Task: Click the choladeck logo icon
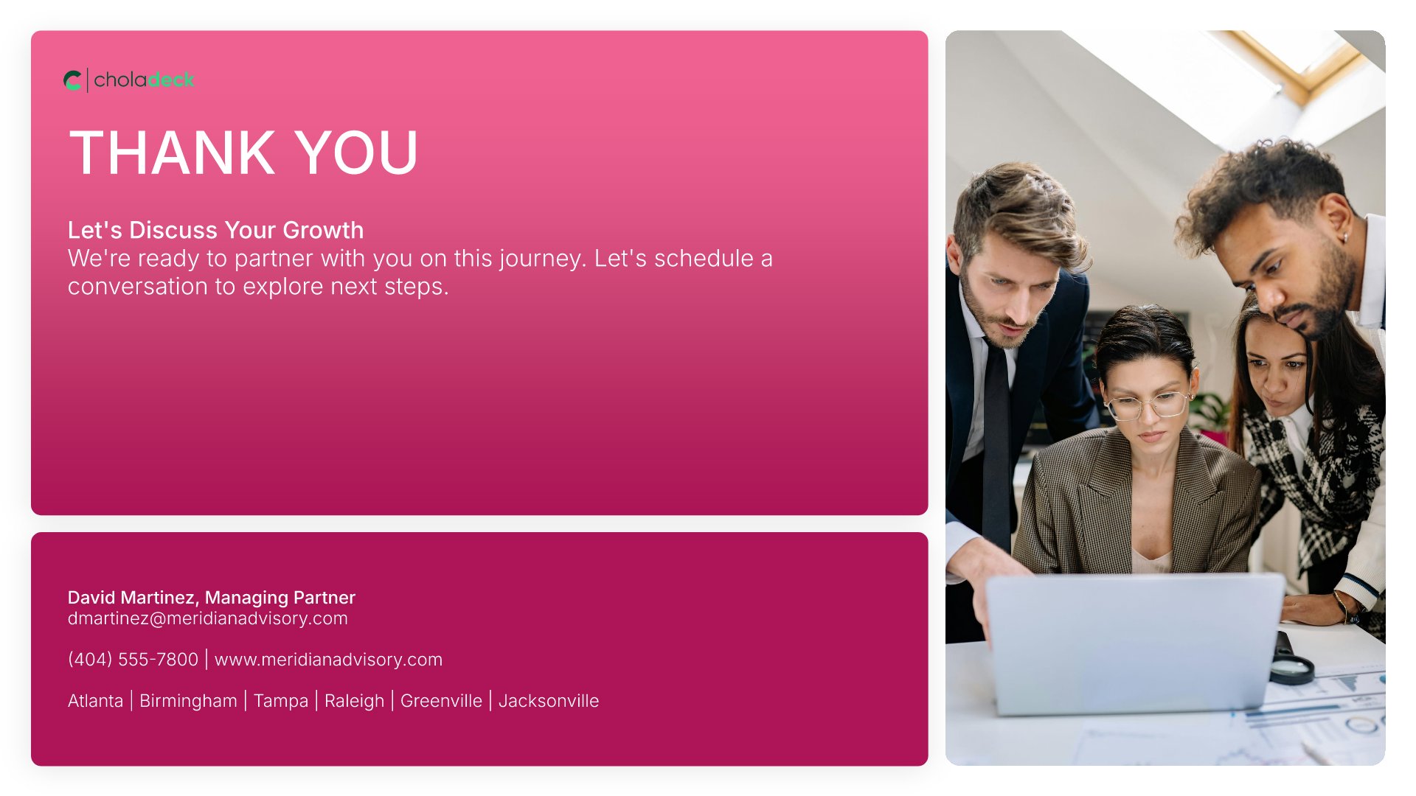point(72,80)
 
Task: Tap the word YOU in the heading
point(357,153)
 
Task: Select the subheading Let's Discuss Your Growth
point(215,230)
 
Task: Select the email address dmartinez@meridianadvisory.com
point(207,618)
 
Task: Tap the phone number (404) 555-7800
point(133,660)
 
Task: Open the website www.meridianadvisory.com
point(328,660)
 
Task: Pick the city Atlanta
point(95,701)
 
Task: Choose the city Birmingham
point(188,701)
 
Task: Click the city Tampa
point(281,702)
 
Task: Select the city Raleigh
point(354,702)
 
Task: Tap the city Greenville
point(441,701)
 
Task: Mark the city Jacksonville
point(549,701)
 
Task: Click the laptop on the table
point(1134,643)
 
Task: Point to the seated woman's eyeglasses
point(1149,405)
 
